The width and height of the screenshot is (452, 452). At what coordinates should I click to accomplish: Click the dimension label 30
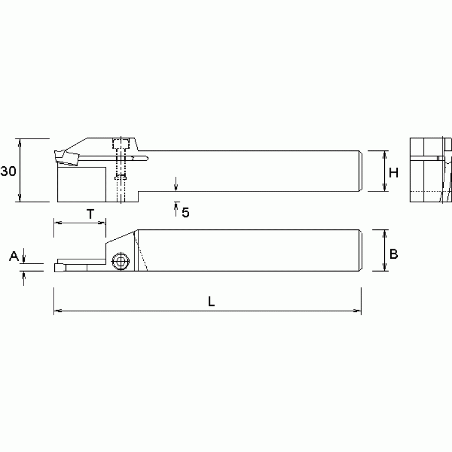8,171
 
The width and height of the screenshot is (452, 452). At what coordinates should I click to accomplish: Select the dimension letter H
394,173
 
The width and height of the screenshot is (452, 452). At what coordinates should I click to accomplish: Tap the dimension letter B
394,253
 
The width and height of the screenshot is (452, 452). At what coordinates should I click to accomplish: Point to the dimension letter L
210,301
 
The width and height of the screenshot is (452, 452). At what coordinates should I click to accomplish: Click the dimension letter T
90,214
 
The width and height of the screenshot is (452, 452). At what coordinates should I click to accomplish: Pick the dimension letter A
14,256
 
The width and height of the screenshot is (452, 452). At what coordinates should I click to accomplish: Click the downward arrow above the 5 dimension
176,187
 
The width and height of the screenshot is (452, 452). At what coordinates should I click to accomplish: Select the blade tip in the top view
60,268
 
